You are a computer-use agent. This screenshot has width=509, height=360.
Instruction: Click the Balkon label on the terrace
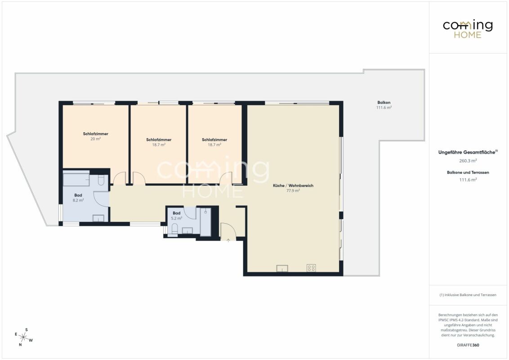(x=384, y=102)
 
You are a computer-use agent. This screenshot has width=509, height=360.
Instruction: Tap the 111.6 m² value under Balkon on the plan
(x=384, y=108)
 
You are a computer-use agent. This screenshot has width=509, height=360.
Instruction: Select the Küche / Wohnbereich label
(x=293, y=185)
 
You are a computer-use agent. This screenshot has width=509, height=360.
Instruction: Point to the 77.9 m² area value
(x=293, y=191)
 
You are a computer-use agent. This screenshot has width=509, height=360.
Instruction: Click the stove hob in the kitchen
(x=311, y=268)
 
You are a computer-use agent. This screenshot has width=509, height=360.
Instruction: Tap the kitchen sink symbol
(x=282, y=268)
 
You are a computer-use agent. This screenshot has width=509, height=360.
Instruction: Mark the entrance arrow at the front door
(x=228, y=240)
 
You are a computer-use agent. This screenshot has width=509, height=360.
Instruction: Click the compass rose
(x=24, y=337)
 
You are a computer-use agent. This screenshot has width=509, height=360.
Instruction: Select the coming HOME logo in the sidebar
(x=468, y=29)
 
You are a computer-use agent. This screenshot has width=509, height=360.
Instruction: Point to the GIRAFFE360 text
(x=468, y=345)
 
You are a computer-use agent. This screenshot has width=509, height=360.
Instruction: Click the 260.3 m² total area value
(x=468, y=161)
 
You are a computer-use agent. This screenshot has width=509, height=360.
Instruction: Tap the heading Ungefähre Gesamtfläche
(x=467, y=152)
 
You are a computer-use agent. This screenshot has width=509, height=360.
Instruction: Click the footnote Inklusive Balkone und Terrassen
(x=470, y=295)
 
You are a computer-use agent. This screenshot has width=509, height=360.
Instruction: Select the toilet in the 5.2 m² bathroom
(x=174, y=229)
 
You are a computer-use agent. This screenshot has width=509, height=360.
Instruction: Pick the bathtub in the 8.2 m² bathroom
(x=76, y=178)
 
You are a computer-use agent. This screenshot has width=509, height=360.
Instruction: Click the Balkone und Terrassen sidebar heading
(x=468, y=172)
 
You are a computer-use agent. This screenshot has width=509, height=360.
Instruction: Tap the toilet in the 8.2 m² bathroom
(x=101, y=180)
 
